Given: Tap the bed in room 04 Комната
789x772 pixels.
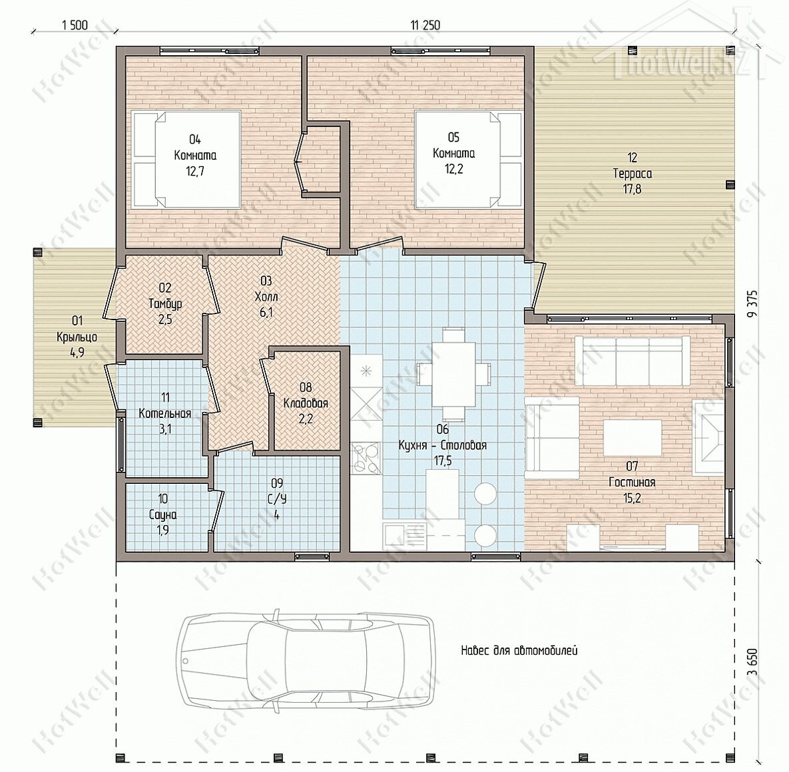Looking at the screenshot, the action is (186, 160).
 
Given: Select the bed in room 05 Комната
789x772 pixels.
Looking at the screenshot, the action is (468, 160).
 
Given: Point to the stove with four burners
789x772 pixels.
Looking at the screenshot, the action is (367, 457).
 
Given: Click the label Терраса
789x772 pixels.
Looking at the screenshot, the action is (632, 174).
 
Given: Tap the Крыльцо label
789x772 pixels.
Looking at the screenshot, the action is (77, 337).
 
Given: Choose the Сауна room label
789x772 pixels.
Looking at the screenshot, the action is (162, 514).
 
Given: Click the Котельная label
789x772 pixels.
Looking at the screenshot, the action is (165, 413).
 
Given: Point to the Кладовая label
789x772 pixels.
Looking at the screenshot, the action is (306, 403).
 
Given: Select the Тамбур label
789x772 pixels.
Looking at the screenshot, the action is (165, 303).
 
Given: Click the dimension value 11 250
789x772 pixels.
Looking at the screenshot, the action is (425, 26).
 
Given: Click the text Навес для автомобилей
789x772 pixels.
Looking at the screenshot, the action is (519, 650).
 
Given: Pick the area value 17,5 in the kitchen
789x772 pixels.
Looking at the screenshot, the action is (442, 461).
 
